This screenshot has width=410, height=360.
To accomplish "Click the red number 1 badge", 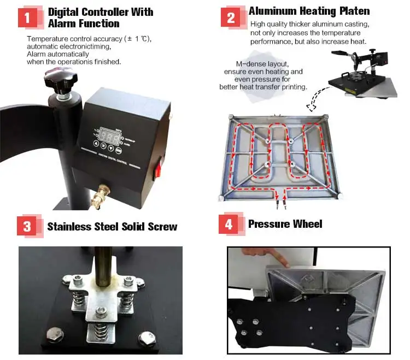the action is click(28, 18).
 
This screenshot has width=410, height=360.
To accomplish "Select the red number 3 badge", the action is click(27, 226).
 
